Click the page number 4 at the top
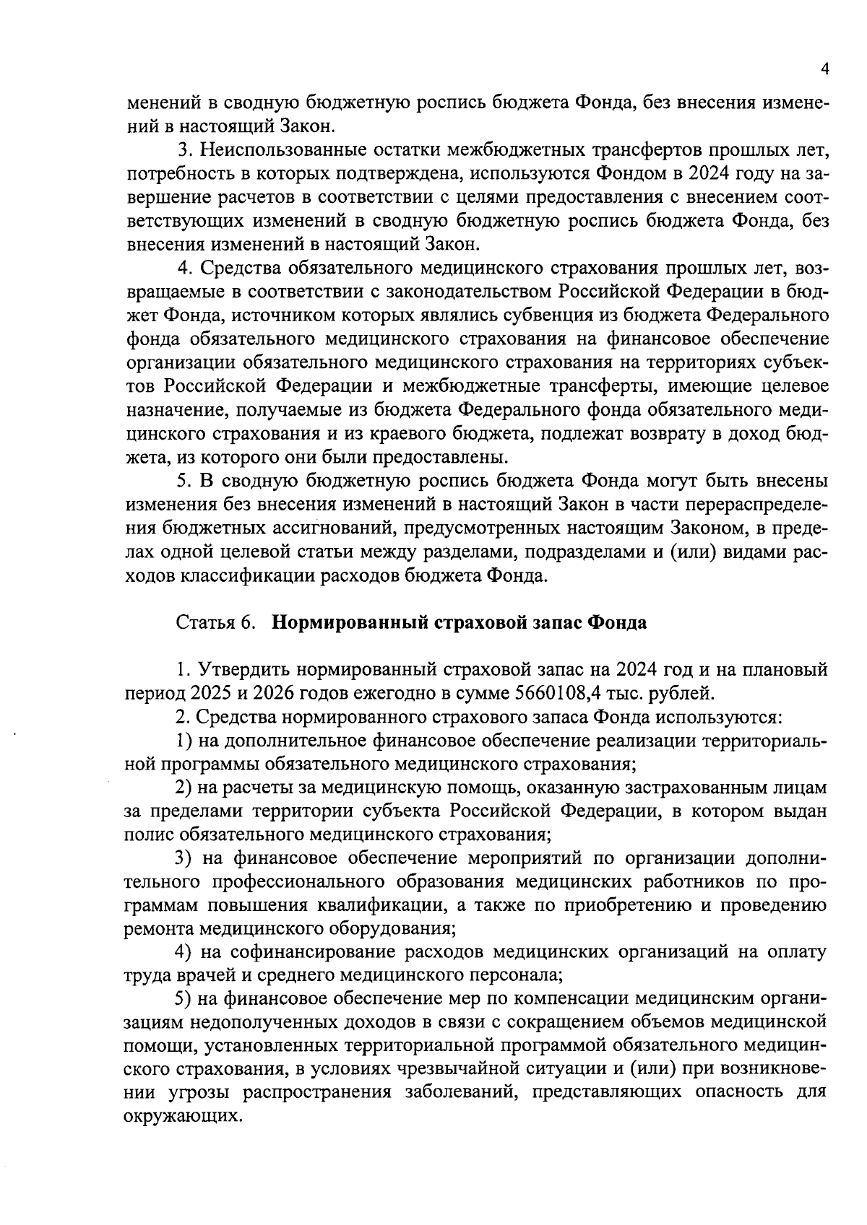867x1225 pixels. click(824, 69)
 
